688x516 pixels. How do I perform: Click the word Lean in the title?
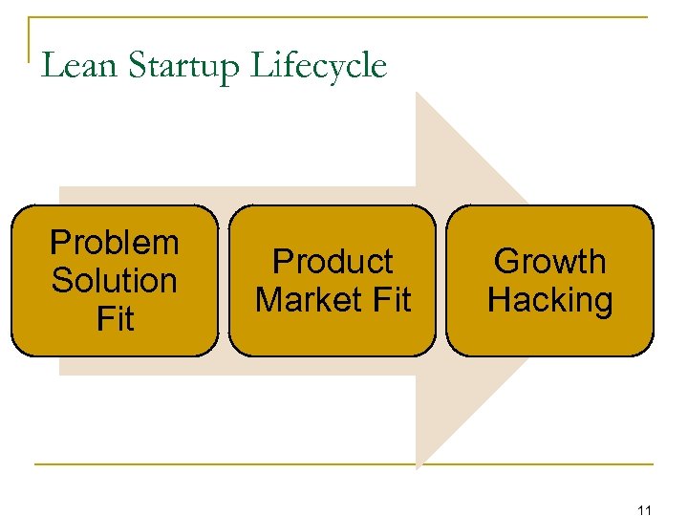[x=79, y=66]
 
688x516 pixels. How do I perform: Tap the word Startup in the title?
[x=184, y=67]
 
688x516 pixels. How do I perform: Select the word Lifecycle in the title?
[x=318, y=67]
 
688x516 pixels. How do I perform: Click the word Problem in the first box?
[x=115, y=243]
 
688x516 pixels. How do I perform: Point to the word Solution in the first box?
[x=115, y=281]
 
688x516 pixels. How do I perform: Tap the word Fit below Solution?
[x=115, y=318]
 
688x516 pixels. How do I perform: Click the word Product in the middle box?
[x=333, y=262]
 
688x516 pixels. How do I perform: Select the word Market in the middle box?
[x=304, y=300]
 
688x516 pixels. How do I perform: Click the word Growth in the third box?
[x=550, y=262]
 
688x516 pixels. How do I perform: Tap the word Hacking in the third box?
[x=550, y=300]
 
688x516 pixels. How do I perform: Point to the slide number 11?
[x=643, y=509]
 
